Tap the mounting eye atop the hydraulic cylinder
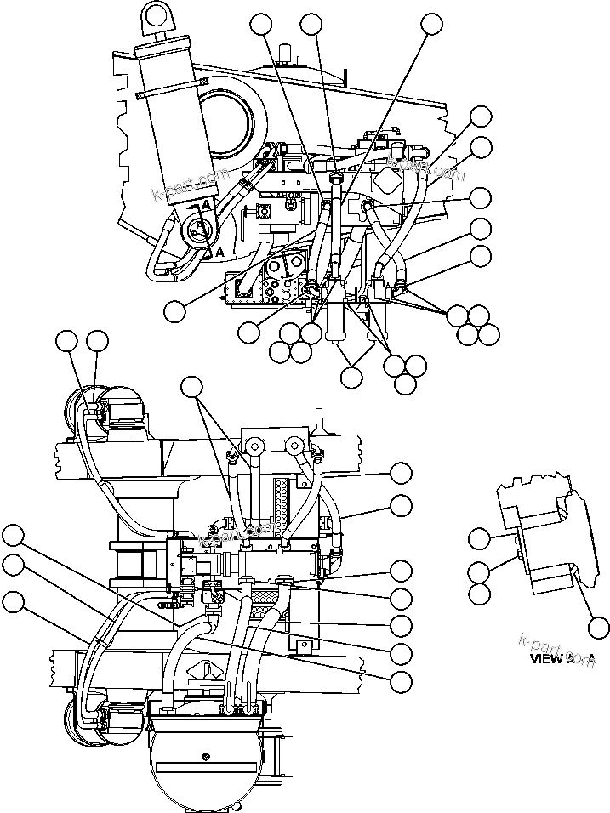(x=156, y=15)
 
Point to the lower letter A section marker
(x=219, y=253)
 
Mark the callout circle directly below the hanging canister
(x=351, y=377)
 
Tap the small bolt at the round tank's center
(x=205, y=755)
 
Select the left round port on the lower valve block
(x=253, y=444)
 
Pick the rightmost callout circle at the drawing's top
(x=432, y=24)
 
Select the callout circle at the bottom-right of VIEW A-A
(x=598, y=628)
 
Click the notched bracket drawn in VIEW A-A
(x=536, y=536)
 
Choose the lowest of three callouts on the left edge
(x=13, y=602)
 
